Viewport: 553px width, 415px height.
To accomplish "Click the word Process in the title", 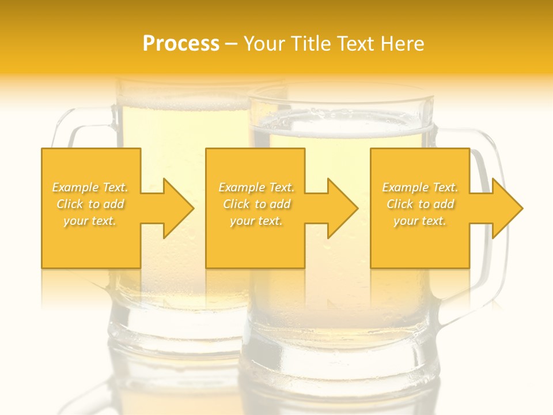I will click(x=181, y=44).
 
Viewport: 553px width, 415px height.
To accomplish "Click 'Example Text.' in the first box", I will click(x=90, y=187).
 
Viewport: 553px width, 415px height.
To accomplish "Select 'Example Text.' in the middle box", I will click(x=256, y=187).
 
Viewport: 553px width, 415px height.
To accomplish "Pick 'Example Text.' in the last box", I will click(x=420, y=187).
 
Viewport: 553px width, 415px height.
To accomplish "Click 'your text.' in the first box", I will click(x=90, y=221).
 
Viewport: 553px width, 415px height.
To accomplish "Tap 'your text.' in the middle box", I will click(x=256, y=221).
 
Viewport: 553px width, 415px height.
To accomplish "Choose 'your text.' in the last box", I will click(x=420, y=221).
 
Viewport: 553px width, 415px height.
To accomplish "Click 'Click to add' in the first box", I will click(x=90, y=204).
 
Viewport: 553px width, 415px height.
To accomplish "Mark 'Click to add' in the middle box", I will click(x=256, y=204).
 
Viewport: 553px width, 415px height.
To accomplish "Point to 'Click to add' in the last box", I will click(x=420, y=204).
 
